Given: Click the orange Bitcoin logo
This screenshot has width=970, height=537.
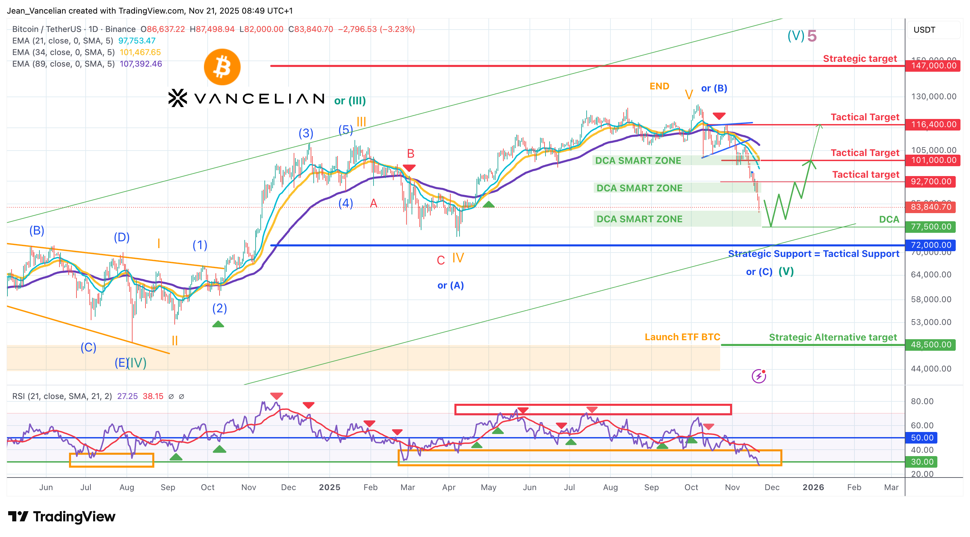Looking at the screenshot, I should click(x=222, y=67).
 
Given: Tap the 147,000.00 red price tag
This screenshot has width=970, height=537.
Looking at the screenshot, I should click(x=933, y=66).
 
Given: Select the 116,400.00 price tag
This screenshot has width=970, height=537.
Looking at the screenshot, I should click(x=933, y=125).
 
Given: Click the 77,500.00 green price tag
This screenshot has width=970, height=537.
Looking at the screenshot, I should click(x=931, y=227).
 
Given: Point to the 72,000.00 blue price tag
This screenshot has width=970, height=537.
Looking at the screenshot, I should click(x=931, y=245).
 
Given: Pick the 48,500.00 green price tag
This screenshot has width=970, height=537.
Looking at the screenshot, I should click(x=931, y=345).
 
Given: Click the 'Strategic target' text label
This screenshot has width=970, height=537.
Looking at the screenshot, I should click(x=860, y=59).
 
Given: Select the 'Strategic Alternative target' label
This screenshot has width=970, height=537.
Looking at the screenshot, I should click(x=833, y=337).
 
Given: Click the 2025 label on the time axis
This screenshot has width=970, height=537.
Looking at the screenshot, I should click(x=329, y=487).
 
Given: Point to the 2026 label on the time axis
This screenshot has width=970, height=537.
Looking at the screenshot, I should click(x=813, y=487).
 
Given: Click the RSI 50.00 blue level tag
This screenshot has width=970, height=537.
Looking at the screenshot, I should click(x=922, y=437).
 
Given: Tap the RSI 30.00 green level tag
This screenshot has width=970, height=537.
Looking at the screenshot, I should click(x=922, y=462).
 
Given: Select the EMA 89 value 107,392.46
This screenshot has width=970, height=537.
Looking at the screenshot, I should click(x=141, y=64).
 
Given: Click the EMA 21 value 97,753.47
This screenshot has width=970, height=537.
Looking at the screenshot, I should click(x=137, y=41).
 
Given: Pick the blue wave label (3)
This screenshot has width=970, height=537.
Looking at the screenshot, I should click(x=306, y=133).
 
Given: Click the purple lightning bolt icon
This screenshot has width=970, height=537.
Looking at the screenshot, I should click(x=759, y=376).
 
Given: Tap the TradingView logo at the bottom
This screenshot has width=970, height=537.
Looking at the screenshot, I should click(x=62, y=516).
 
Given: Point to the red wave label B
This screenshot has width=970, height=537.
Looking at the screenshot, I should click(x=411, y=154).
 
